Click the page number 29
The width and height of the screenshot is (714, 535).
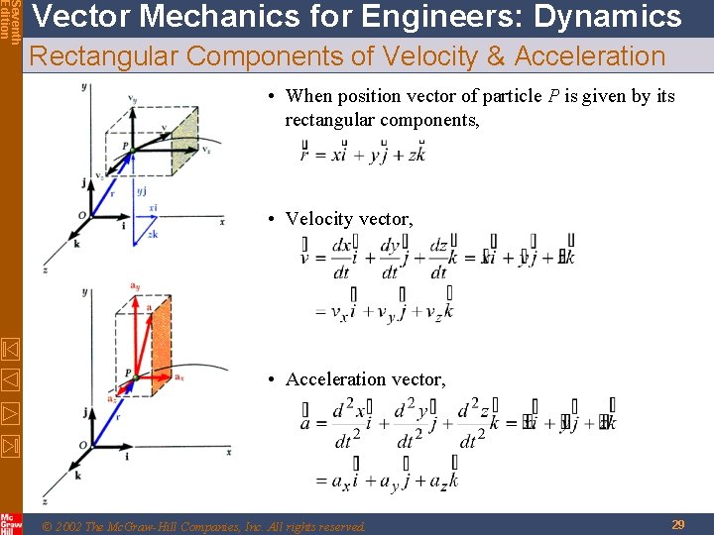678,524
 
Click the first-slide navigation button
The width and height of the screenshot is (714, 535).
11,349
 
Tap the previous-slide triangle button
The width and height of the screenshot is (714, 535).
11,378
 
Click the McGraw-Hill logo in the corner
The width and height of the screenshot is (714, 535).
11,523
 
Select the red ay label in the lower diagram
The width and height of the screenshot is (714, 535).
134,287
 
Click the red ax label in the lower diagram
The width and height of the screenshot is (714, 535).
178,377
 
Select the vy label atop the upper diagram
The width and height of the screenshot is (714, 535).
133,98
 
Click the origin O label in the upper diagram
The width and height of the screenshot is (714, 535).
82,215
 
